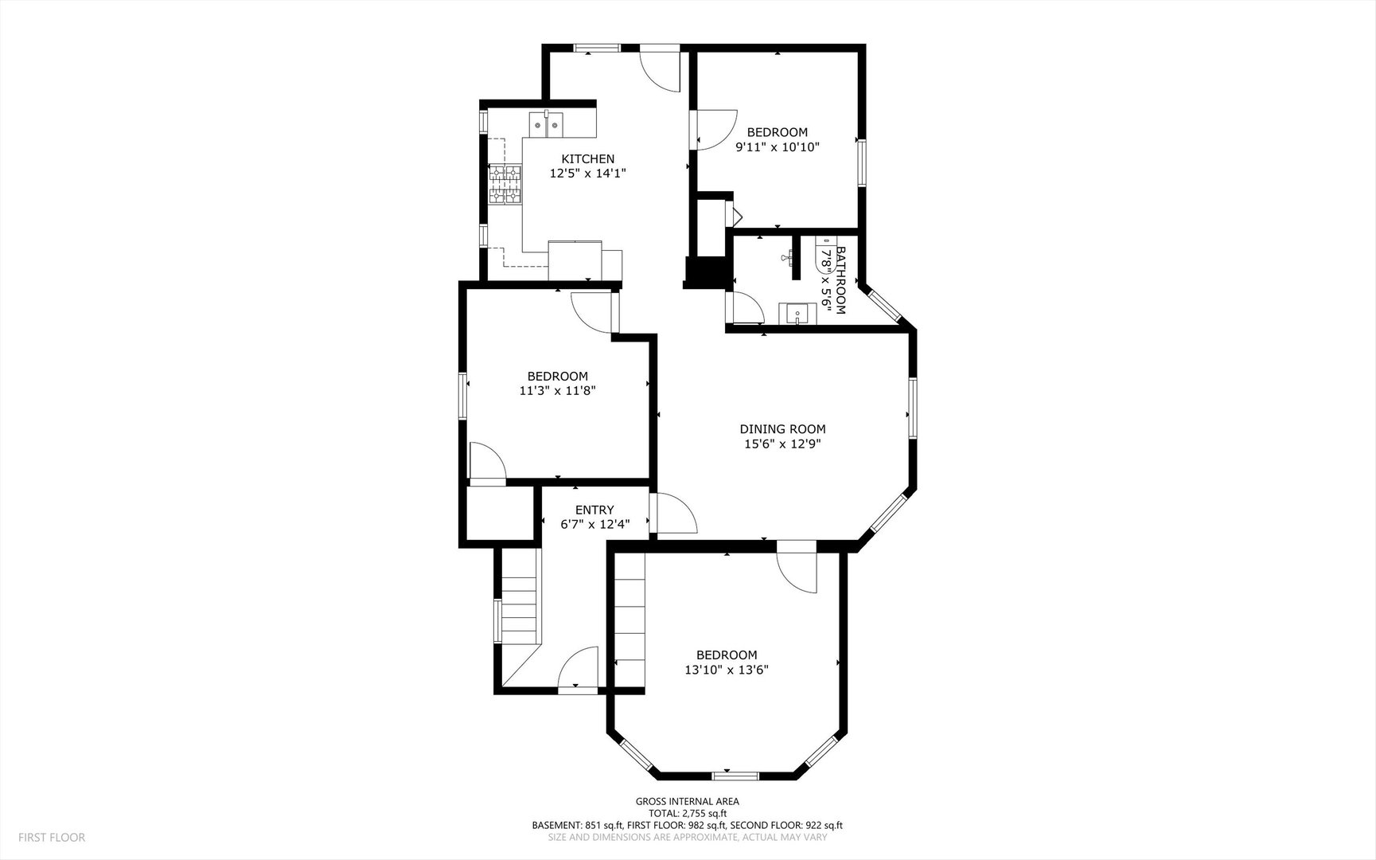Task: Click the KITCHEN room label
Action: click(x=587, y=158)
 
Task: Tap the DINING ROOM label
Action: click(x=782, y=429)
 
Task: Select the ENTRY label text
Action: click(x=594, y=510)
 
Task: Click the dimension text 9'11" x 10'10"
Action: click(x=777, y=147)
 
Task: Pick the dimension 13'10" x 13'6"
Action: click(x=727, y=670)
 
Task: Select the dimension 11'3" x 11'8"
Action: click(x=557, y=390)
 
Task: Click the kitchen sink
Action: click(x=546, y=125)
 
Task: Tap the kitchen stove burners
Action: click(x=505, y=184)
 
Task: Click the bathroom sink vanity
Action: click(x=797, y=314)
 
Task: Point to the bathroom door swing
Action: click(x=747, y=308)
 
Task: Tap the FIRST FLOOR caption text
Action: click(x=52, y=837)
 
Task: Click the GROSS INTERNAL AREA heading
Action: click(x=687, y=801)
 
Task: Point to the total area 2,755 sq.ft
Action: click(x=700, y=813)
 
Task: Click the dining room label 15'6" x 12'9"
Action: click(x=782, y=444)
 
